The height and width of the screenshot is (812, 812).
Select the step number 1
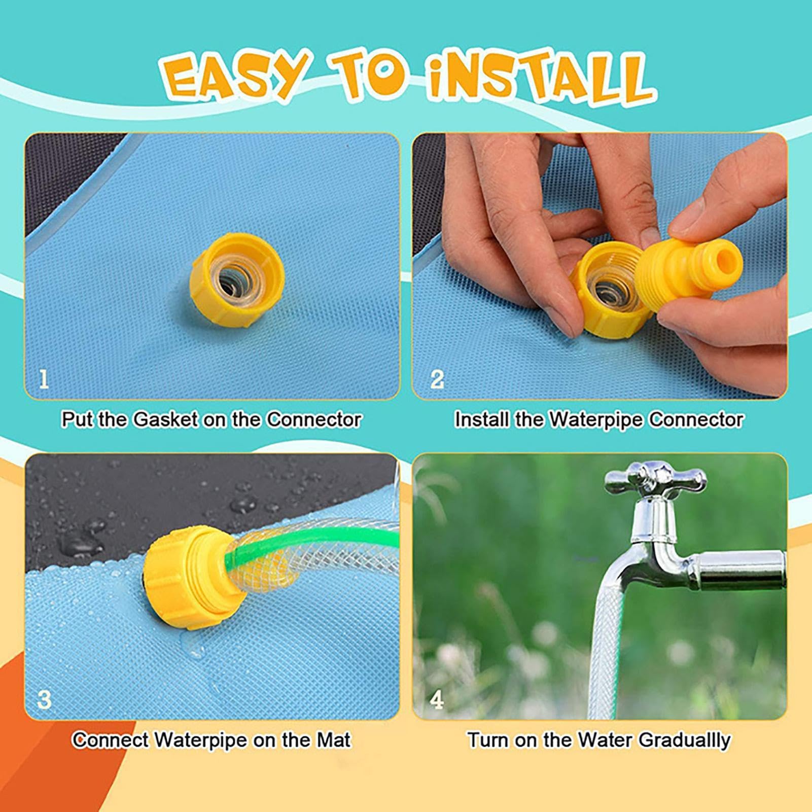point(44,379)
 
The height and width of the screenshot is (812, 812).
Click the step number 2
point(437,379)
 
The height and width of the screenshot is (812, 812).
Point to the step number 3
point(44,699)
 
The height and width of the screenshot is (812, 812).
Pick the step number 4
point(437,700)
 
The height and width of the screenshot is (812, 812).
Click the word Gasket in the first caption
point(165,419)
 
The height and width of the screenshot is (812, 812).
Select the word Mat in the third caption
point(333,740)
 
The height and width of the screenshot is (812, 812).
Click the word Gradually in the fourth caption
point(684,740)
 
